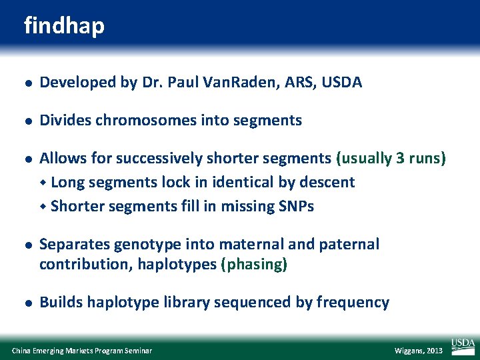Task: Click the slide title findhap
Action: pyautogui.click(x=64, y=26)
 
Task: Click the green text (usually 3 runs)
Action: pyautogui.click(x=391, y=159)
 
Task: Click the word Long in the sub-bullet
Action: pyautogui.click(x=67, y=183)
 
